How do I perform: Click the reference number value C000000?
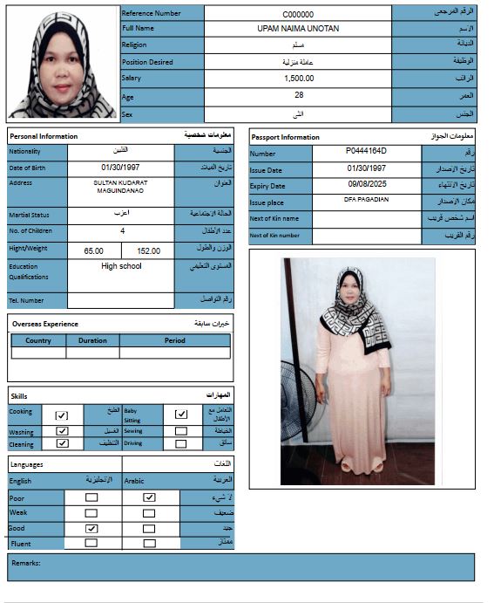[298, 14]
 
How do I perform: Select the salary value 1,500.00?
[298, 79]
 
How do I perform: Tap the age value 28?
[298, 95]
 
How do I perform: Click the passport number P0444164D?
[366, 152]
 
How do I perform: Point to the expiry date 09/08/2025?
[366, 185]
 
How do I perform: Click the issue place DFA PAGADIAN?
[366, 200]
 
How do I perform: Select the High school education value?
[120, 266]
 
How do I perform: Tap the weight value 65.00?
[93, 250]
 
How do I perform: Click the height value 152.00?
[148, 250]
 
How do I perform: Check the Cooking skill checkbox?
[62, 415]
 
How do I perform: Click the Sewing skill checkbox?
[180, 431]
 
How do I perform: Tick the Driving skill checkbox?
[180, 443]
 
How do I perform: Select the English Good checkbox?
[91, 529]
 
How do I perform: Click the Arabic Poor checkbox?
[149, 497]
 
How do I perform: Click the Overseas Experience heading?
[45, 324]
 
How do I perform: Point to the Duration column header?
[92, 341]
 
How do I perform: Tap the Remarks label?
[26, 563]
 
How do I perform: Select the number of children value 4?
[121, 231]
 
